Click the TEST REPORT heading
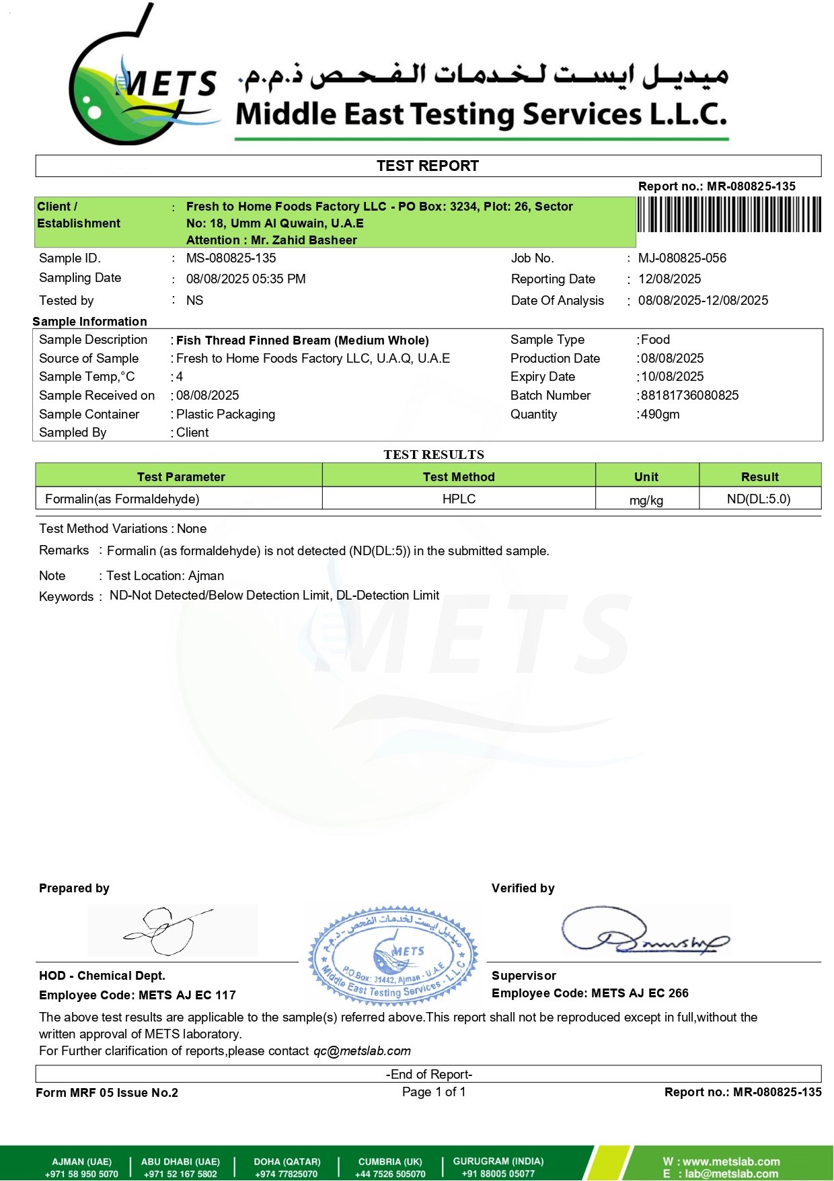pyautogui.click(x=428, y=166)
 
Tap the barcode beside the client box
pyautogui.click(x=729, y=215)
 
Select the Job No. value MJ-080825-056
pyautogui.click(x=682, y=258)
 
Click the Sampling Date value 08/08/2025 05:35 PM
pyautogui.click(x=245, y=279)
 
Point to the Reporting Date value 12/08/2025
pyautogui.click(x=669, y=279)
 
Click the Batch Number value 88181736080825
pyautogui.click(x=689, y=395)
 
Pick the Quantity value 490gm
pyautogui.click(x=660, y=414)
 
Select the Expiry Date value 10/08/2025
pyautogui.click(x=672, y=376)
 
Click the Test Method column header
pyautogui.click(x=459, y=476)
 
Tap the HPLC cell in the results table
pyautogui.click(x=459, y=499)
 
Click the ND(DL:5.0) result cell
pyautogui.click(x=759, y=499)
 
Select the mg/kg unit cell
pyautogui.click(x=646, y=500)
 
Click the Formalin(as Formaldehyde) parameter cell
pyautogui.click(x=122, y=499)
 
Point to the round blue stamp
pyautogui.click(x=393, y=956)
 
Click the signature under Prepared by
pyautogui.click(x=168, y=931)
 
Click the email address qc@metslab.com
pyautogui.click(x=362, y=1050)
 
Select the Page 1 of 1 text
pyautogui.click(x=434, y=1091)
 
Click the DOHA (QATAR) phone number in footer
pyautogui.click(x=287, y=1174)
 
